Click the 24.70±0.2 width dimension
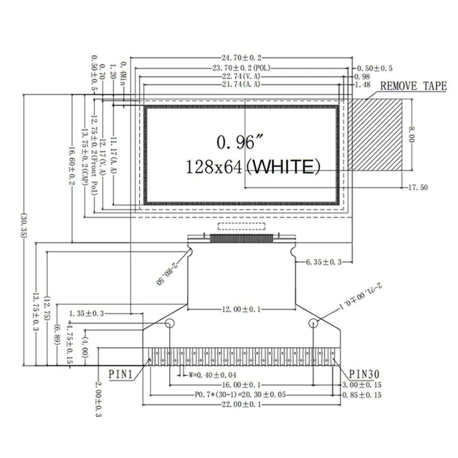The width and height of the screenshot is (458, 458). [241, 58]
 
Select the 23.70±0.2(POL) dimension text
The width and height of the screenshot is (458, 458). [241, 68]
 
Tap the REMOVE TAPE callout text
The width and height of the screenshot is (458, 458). [413, 86]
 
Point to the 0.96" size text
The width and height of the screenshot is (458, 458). [235, 142]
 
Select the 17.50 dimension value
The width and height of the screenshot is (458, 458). [418, 187]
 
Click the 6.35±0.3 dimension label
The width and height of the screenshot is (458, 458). [324, 262]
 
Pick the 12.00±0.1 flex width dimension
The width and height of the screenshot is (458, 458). [241, 309]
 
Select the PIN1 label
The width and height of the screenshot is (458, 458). [120, 374]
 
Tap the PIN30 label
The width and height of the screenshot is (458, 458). [364, 374]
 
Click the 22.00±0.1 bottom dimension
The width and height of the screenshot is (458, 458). [241, 405]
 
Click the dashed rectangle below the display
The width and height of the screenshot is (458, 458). [241, 226]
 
